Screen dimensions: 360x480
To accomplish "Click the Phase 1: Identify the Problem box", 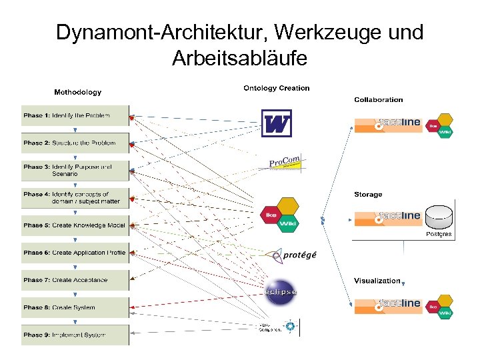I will pos(75,115).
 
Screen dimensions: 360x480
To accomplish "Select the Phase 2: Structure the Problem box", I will pos(75,143).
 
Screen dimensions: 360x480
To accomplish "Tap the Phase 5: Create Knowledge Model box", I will pos(75,225).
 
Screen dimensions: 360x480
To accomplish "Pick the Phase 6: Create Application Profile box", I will pos(75,253).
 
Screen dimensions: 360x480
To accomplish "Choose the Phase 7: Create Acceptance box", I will pos(75,280).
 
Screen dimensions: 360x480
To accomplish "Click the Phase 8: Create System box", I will pos(75,307).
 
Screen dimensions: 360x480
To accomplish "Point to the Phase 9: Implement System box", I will pos(75,335).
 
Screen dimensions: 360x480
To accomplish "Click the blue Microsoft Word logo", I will pos(276,123).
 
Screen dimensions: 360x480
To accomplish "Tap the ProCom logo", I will pos(285,162).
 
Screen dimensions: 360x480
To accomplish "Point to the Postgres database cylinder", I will pos(439,219).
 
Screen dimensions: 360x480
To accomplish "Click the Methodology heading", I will pos(77,92).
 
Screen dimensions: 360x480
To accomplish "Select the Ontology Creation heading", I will pos(277,88).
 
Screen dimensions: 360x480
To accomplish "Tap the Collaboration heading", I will pos(378,100).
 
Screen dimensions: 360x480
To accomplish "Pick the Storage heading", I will pos(368,195).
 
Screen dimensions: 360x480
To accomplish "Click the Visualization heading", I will pos(377,281).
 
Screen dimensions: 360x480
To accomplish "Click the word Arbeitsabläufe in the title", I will pos(239,59).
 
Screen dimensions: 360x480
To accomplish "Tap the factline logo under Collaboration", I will pos(387,125).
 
